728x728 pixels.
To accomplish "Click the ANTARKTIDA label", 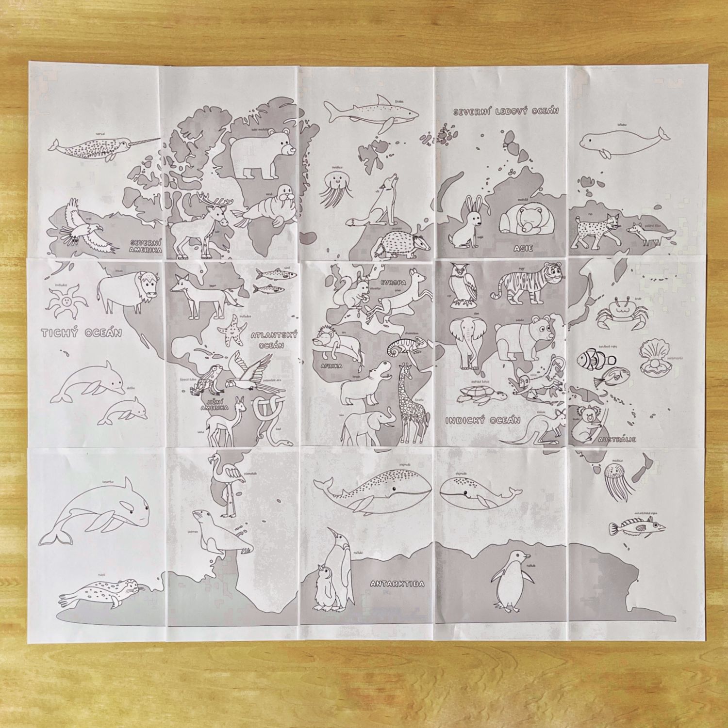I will tap(397, 584).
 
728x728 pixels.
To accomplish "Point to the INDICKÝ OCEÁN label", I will tap(483, 420).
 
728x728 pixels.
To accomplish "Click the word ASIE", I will tap(523, 248).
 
